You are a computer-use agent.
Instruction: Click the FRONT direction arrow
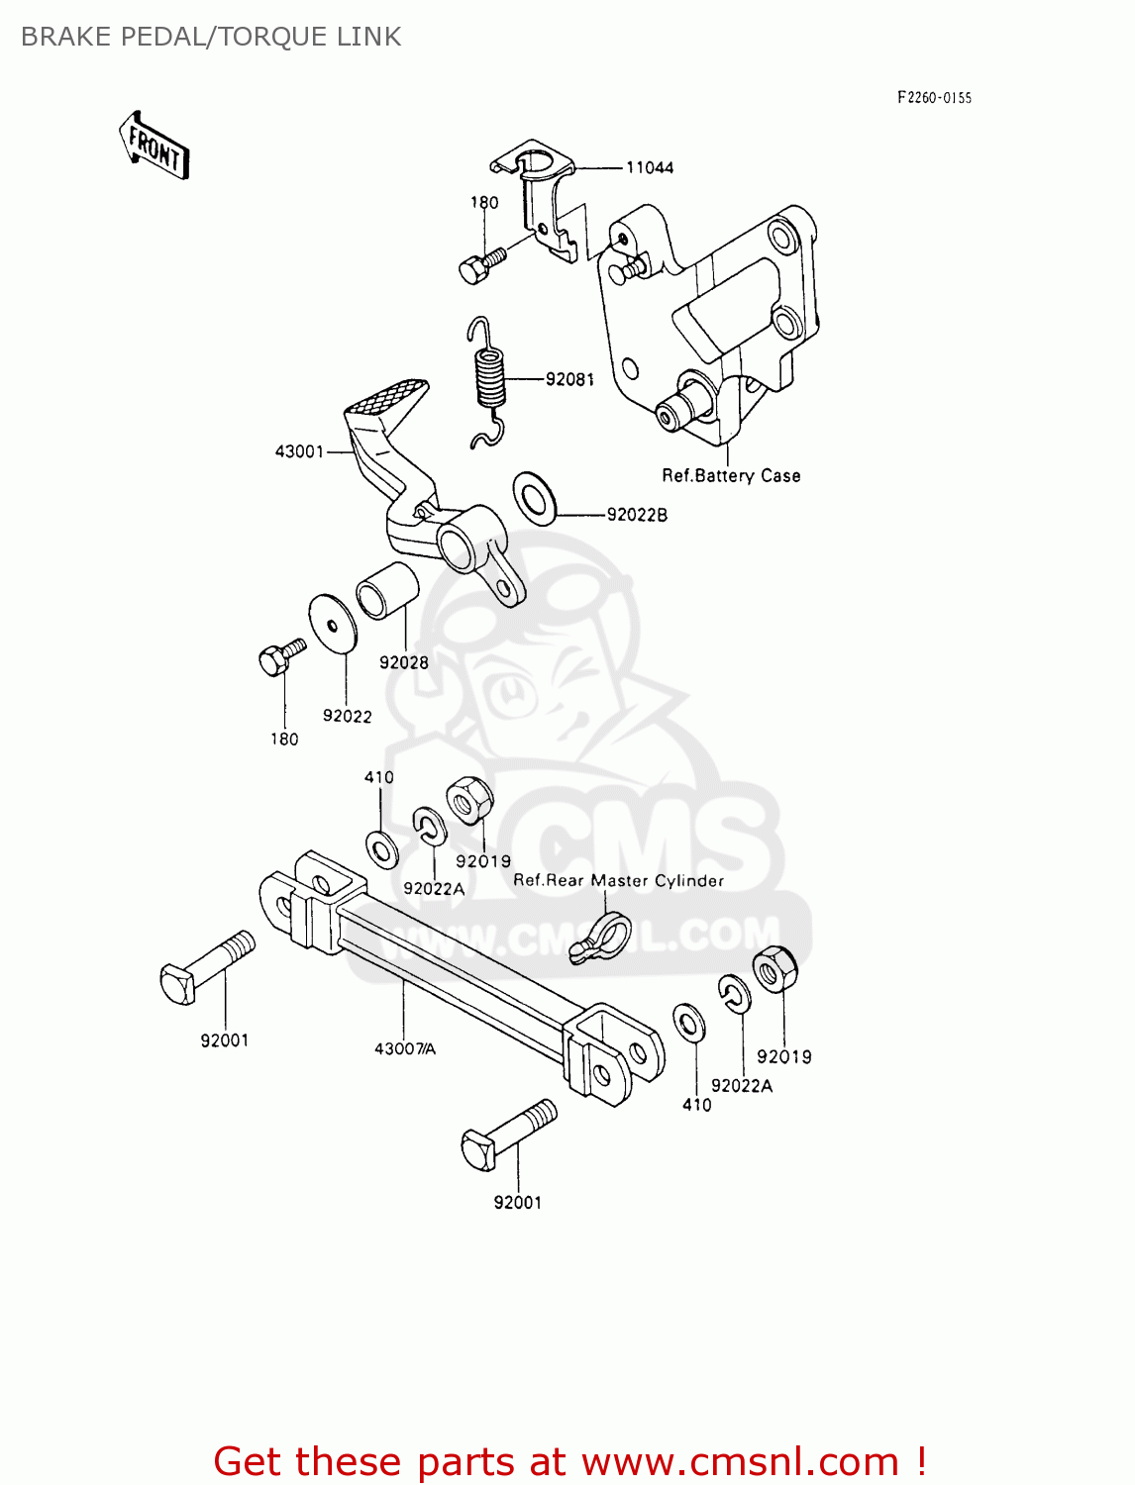click(155, 146)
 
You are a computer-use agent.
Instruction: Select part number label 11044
click(650, 168)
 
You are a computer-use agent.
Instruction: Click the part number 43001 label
click(299, 451)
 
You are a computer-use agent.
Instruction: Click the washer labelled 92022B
click(535, 497)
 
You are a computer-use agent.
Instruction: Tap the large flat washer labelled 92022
click(333, 624)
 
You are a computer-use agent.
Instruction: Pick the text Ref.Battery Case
click(731, 476)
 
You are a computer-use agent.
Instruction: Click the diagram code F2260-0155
click(934, 97)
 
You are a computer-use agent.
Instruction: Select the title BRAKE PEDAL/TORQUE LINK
click(211, 37)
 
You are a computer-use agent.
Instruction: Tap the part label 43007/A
click(404, 1048)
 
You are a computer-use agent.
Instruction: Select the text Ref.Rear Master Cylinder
click(618, 880)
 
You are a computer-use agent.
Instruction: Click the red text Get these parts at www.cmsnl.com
click(569, 1461)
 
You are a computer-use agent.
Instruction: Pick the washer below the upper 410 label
click(382, 849)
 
